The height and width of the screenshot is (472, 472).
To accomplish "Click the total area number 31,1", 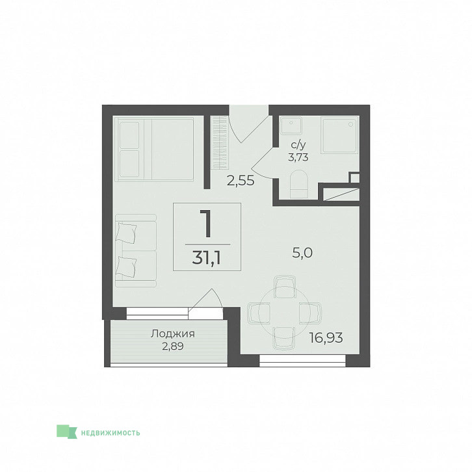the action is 207,258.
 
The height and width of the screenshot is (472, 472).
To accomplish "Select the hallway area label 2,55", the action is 241,181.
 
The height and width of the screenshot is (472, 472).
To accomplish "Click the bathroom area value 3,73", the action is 298,157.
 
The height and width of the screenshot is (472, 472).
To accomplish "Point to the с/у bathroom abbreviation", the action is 298,145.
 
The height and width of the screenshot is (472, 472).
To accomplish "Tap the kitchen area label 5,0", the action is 302,253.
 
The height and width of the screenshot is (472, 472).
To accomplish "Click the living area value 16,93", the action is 326,338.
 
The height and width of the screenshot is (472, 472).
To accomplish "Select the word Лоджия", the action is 173,334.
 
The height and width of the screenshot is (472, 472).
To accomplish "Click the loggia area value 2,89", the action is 173,347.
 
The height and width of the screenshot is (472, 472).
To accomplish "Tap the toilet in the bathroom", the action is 299,184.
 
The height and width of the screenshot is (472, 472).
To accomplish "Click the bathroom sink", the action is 291,126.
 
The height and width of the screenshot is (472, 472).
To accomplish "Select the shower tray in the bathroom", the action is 340,136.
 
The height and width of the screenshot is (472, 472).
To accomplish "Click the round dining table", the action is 284,312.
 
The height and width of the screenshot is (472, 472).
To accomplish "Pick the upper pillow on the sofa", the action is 126,233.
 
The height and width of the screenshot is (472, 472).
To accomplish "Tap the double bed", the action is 154,150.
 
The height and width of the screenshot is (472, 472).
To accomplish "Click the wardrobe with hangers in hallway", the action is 219,142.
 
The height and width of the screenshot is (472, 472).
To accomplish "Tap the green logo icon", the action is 67,431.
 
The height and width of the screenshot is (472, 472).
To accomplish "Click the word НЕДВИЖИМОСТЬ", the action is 111,433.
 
